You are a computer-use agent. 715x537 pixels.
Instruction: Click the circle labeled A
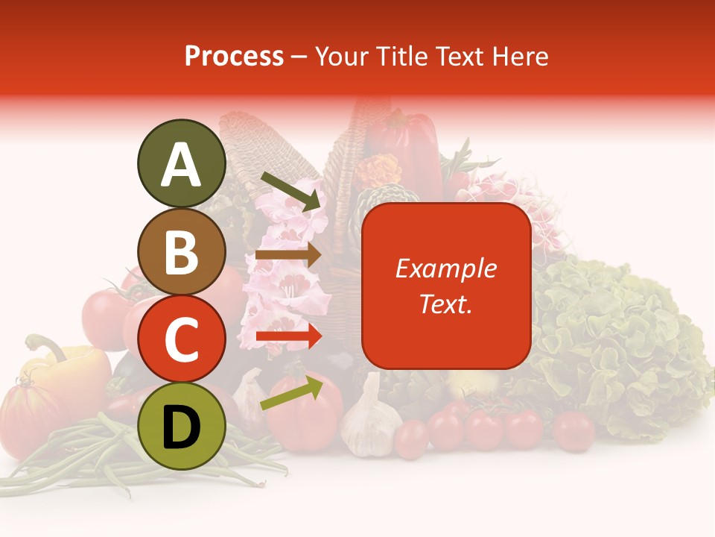click(x=181, y=163)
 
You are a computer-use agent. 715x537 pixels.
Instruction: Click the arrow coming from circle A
click(x=290, y=189)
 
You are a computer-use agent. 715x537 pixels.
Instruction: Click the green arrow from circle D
click(x=291, y=393)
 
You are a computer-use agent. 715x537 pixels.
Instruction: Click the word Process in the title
click(x=234, y=56)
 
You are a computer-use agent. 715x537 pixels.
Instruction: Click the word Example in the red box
click(x=445, y=268)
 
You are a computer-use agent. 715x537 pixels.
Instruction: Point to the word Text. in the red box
click(x=445, y=304)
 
